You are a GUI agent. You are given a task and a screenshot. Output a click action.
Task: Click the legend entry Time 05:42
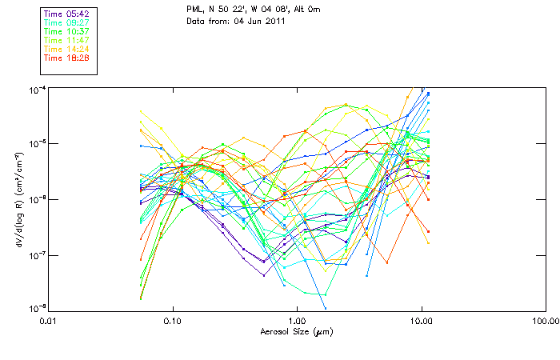coord(67,14)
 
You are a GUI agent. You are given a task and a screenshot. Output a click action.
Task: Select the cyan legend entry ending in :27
coord(67,23)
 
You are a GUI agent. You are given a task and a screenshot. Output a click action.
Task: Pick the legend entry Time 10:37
coord(67,31)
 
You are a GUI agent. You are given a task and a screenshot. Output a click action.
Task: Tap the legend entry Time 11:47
coord(67,40)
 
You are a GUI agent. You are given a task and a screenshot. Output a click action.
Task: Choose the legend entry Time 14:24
coord(67,49)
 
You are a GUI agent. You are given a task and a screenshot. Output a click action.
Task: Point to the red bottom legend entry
coord(67,58)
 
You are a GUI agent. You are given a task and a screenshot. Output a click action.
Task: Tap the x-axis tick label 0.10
coord(173,320)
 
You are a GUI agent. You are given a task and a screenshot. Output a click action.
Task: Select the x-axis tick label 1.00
coord(297,320)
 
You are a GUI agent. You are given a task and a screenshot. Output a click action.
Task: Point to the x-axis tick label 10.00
coord(421,320)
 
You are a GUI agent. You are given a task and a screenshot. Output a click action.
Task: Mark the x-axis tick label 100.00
coord(545,320)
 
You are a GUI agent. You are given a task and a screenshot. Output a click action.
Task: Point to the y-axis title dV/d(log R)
coord(18,198)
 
